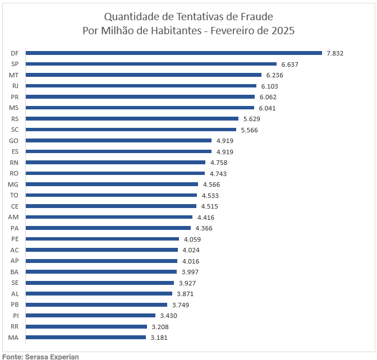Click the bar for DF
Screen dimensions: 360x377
click(174, 53)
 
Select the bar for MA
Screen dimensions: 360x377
click(86, 338)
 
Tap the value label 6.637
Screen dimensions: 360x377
click(289, 64)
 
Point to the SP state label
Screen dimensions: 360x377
click(15, 64)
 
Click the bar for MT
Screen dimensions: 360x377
click(144, 75)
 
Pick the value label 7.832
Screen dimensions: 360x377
click(334, 53)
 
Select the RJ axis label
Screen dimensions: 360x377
click(15, 86)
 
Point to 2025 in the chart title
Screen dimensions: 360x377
click(282, 30)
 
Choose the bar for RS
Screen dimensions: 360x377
click(132, 119)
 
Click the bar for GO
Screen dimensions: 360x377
click(119, 141)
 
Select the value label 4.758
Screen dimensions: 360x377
click(218, 163)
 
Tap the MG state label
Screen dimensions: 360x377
click(14, 184)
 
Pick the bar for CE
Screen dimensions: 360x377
click(111, 206)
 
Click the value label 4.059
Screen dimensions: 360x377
click(192, 239)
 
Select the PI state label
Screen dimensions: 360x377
click(16, 316)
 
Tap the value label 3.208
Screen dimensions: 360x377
click(160, 326)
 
